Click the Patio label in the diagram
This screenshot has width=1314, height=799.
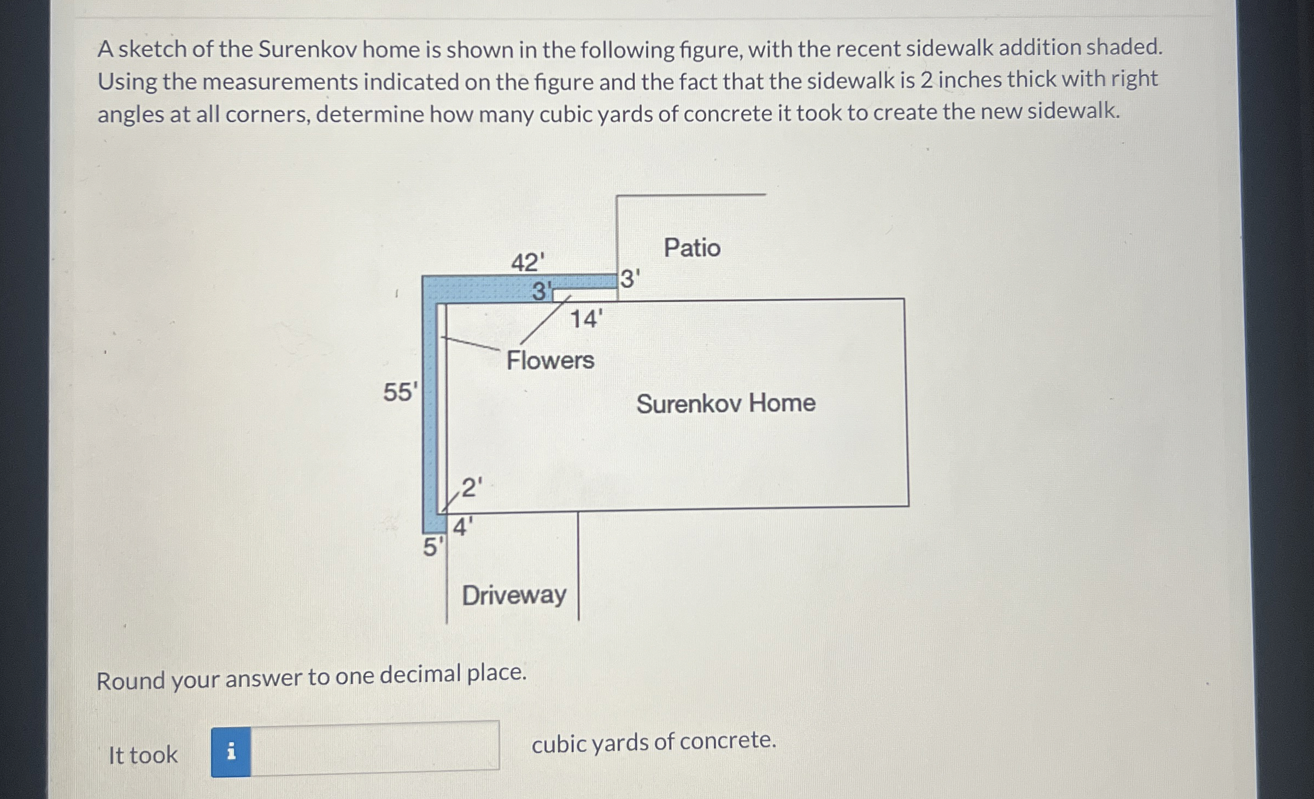[692, 248]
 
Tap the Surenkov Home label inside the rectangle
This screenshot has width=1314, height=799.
[725, 404]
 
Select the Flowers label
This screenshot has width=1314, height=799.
[550, 360]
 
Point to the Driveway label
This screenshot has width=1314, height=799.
[514, 595]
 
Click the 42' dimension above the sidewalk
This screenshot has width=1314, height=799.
[527, 263]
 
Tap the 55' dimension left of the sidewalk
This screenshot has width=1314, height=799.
[400, 392]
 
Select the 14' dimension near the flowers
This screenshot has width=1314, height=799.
[586, 319]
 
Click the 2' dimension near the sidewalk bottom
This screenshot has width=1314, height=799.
[472, 487]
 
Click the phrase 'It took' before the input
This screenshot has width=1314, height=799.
[143, 755]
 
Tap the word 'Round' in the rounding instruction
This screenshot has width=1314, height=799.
[131, 681]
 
